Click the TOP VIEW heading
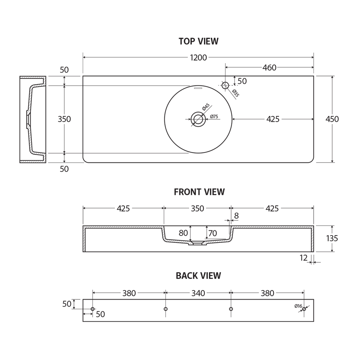tap(199, 41)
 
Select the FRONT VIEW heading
tap(199, 192)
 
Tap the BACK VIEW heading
tap(198, 276)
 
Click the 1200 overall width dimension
tap(198, 57)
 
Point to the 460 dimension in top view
tap(269, 67)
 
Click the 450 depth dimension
tap(332, 119)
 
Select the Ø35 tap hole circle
tap(225, 85)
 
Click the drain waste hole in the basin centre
tap(198, 119)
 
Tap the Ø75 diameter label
tap(214, 116)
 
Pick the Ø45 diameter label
tap(206, 107)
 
